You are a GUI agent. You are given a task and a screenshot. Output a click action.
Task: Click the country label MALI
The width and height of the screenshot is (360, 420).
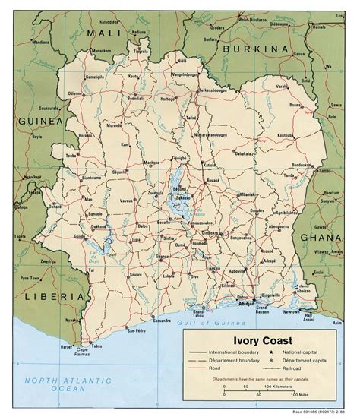pyautogui.click(x=104, y=33)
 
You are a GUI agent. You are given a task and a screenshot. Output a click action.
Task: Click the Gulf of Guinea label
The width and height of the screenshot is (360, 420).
pyautogui.click(x=209, y=322)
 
